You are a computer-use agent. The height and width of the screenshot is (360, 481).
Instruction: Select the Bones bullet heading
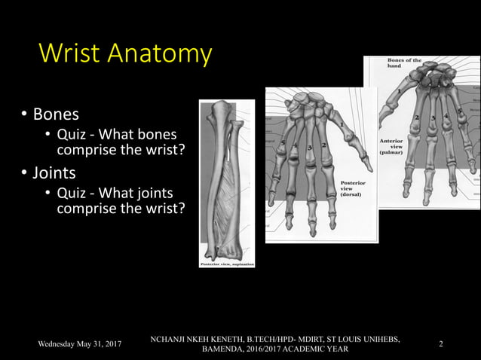point(54,114)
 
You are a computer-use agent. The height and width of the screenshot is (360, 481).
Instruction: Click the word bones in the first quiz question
point(160,135)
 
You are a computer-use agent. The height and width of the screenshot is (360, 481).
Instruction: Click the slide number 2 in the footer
point(441,344)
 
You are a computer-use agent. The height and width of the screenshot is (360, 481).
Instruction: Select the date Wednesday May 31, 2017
point(81,344)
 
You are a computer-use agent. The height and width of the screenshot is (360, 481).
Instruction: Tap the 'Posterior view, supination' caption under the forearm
point(226,264)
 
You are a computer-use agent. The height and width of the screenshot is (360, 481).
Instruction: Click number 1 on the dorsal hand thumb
point(341,124)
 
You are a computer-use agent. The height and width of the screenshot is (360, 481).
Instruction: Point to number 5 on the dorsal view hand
point(283,142)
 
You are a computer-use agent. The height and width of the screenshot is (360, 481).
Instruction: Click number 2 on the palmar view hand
point(417,117)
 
